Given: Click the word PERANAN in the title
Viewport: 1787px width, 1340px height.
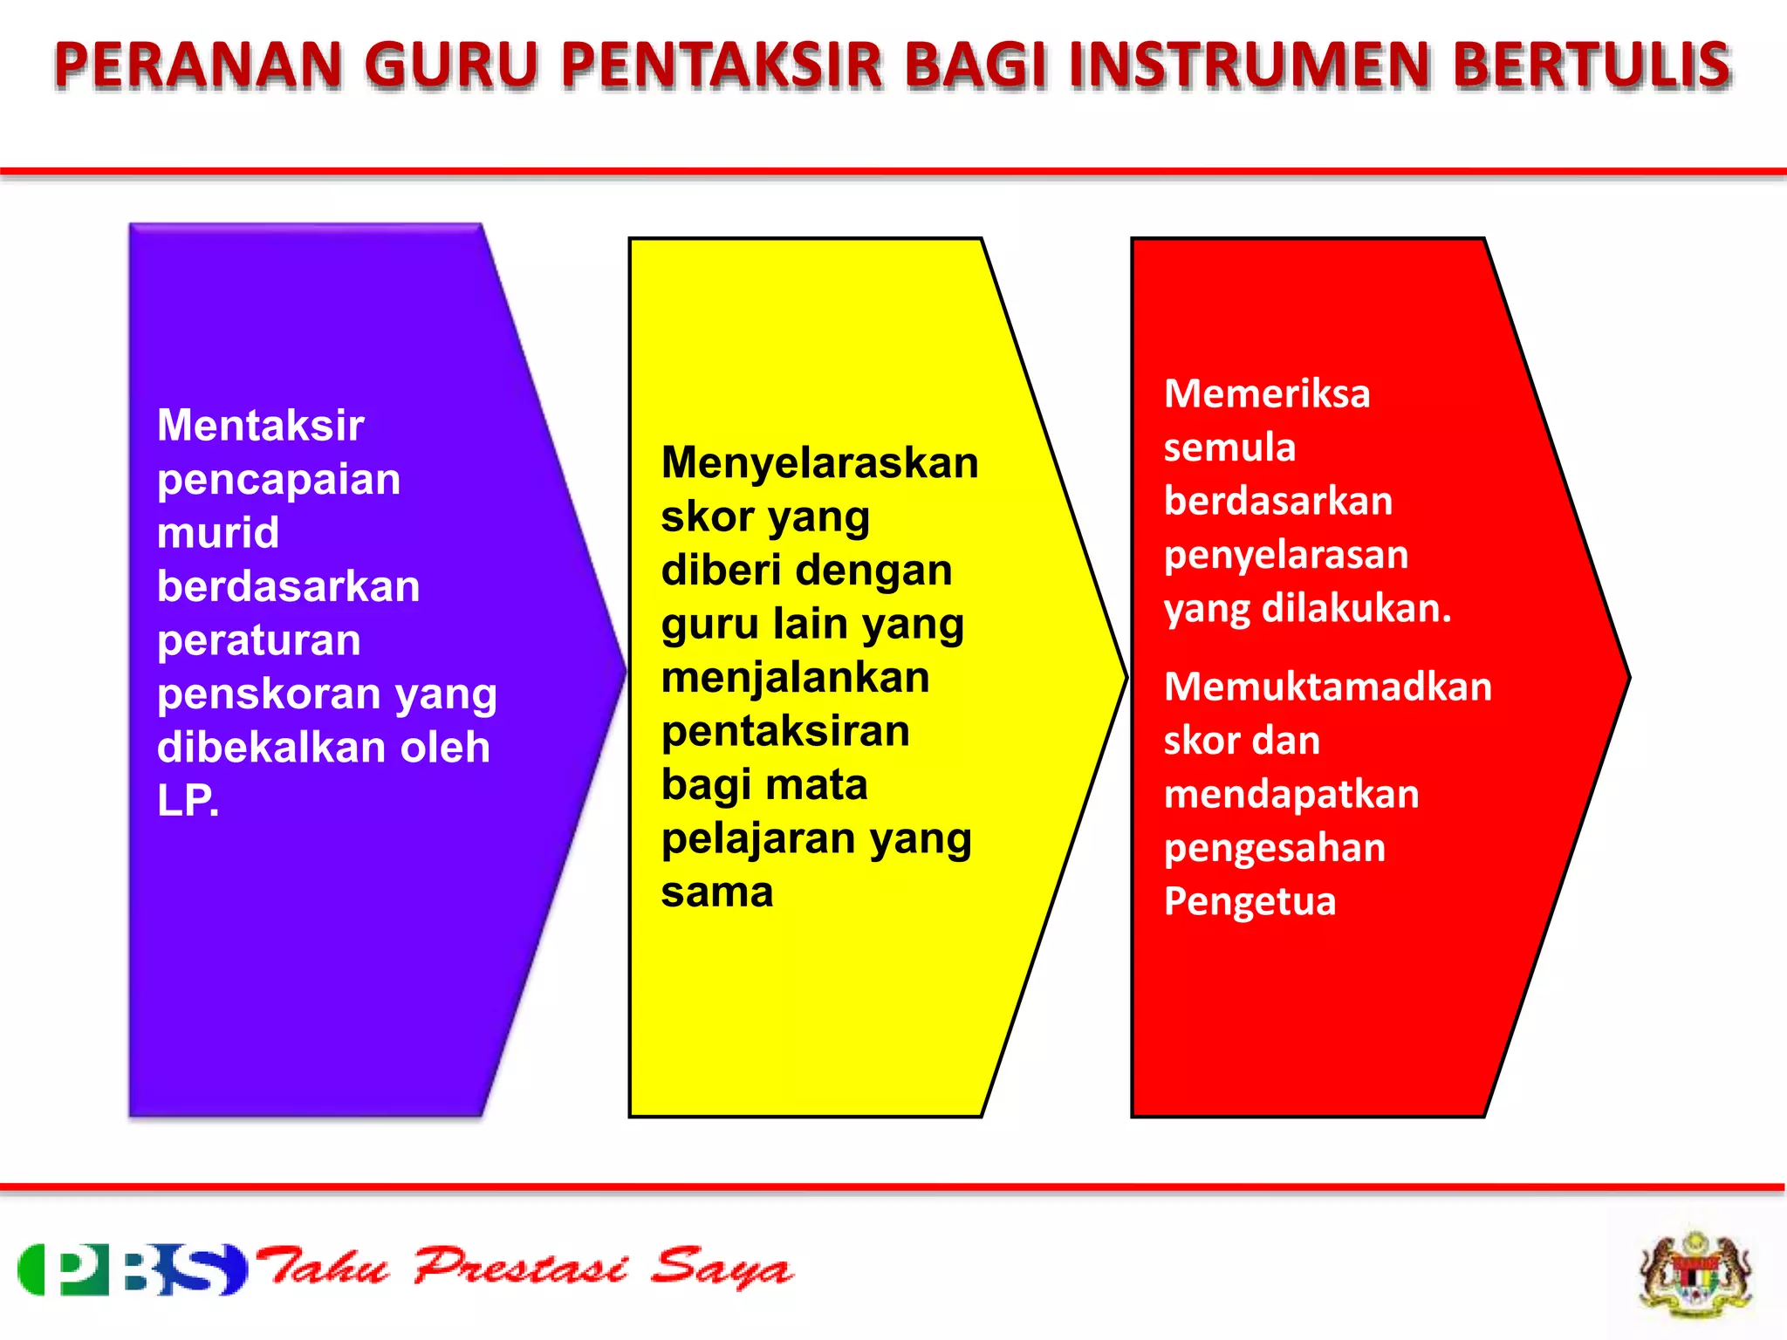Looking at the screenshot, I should click(x=197, y=65).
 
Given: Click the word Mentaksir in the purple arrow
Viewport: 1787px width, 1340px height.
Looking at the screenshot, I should click(x=260, y=426).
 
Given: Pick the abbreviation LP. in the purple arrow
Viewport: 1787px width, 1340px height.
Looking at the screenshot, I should click(x=188, y=800).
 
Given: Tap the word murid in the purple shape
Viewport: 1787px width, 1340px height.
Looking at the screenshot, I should click(x=218, y=533).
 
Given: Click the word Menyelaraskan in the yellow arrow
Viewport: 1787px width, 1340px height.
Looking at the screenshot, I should click(x=819, y=462).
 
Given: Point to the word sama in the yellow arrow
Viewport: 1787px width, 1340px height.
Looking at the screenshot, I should click(x=717, y=892).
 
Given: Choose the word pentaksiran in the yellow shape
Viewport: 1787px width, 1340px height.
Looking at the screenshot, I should click(x=785, y=731).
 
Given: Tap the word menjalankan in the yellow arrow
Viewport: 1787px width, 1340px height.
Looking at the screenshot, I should click(x=795, y=678).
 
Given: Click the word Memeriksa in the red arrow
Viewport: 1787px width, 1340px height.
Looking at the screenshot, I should click(x=1267, y=393).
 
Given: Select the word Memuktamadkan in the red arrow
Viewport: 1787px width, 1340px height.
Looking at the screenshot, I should click(x=1327, y=687).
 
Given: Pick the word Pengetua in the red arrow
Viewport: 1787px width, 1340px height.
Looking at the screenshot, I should click(x=1250, y=901).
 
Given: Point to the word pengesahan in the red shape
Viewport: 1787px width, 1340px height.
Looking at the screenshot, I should click(x=1274, y=848).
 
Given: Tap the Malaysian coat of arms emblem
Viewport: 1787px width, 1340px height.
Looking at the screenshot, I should click(x=1695, y=1272).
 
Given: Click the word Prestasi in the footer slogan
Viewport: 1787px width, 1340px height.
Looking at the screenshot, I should click(x=520, y=1268).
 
